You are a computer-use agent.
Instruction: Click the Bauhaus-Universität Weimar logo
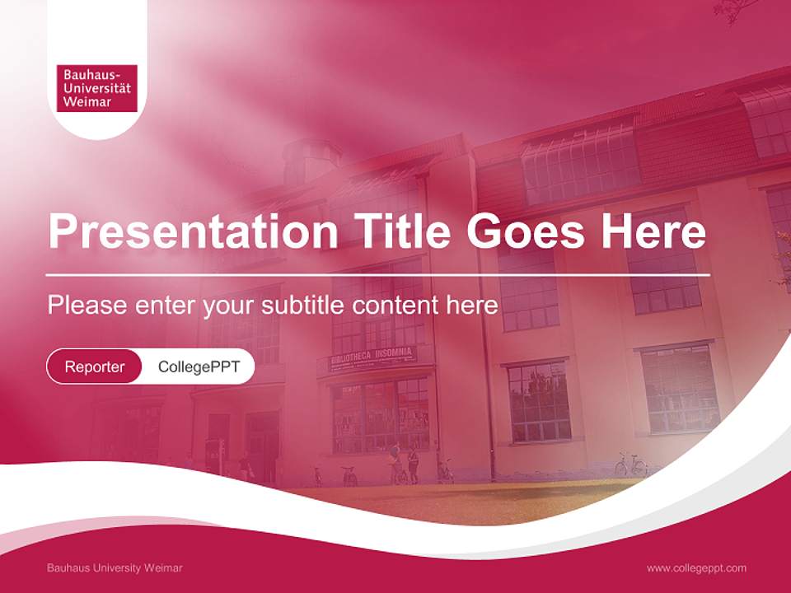96,88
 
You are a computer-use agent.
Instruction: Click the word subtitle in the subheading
304,305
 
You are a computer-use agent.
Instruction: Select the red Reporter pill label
95,367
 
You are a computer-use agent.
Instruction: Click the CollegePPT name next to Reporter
199,367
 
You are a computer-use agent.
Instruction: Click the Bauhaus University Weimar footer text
115,568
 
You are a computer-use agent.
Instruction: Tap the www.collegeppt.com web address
696,568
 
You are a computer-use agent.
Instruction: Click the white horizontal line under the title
377,275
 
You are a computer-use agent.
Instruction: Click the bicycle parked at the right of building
630,465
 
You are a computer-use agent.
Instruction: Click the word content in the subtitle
396,305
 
